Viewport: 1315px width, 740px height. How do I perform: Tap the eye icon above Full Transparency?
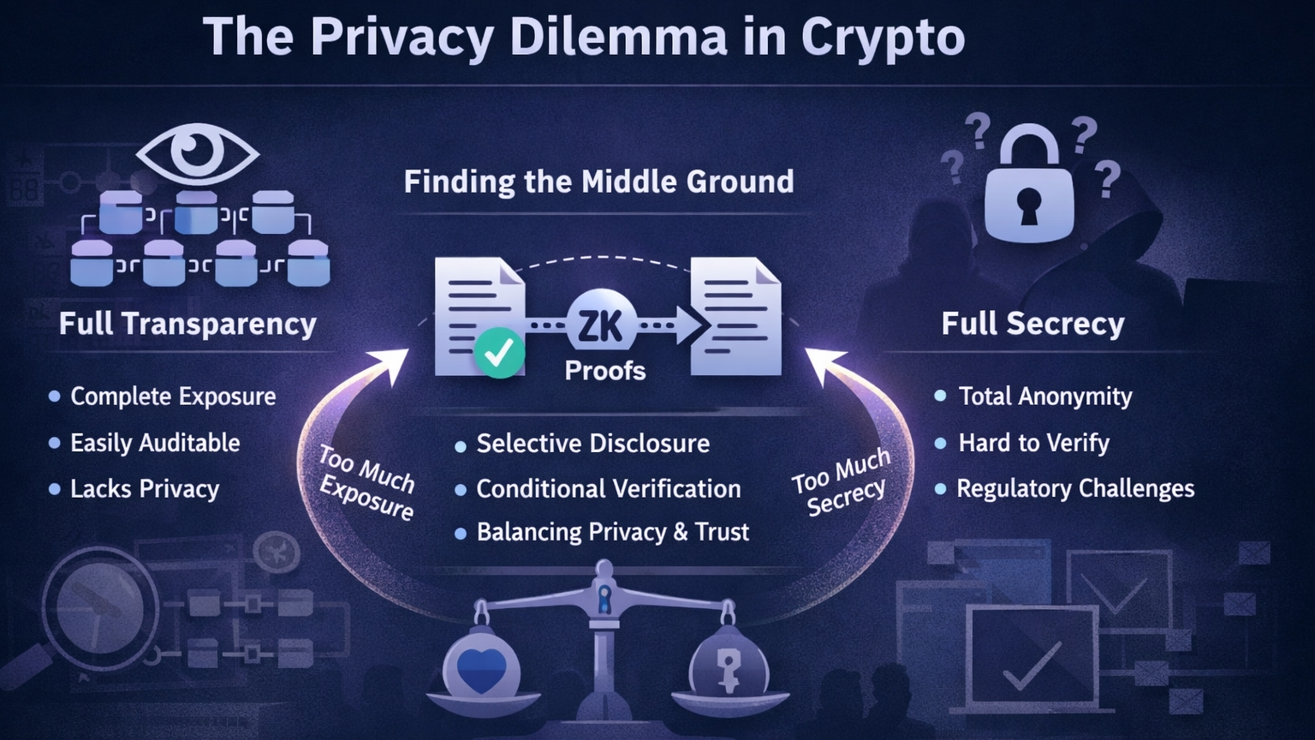[198, 152]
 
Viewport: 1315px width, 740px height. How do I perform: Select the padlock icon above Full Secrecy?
[1029, 188]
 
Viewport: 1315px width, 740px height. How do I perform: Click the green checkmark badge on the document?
[499, 352]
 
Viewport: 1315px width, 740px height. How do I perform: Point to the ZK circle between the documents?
[602, 325]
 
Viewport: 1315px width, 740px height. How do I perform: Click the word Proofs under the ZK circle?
[604, 371]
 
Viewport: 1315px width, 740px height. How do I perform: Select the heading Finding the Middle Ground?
[598, 182]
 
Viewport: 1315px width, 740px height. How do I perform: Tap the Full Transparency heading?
[187, 324]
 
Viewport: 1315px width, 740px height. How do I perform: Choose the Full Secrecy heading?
[1032, 324]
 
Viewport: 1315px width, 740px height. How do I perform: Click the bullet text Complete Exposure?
[173, 397]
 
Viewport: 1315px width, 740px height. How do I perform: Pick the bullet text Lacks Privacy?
[145, 489]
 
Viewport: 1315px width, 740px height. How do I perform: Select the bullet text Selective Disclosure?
[592, 444]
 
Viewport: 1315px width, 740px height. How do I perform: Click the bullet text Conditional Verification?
[608, 489]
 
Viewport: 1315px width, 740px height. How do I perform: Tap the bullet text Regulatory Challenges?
[1074, 488]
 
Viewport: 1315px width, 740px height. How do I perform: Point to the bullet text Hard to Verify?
[1033, 443]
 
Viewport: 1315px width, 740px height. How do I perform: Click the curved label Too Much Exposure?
[366, 482]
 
